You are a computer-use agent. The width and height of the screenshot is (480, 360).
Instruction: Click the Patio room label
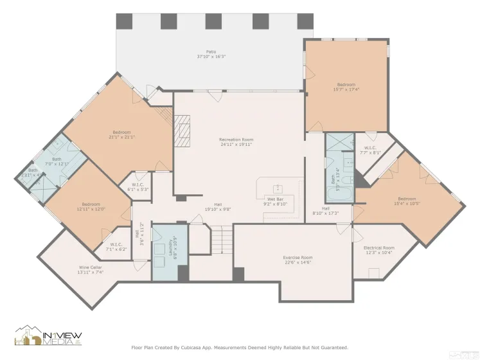pyautogui.click(x=211, y=51)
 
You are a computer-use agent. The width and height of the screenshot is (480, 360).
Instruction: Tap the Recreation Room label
pyautogui.click(x=236, y=139)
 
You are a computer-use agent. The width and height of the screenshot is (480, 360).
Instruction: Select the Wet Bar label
pyautogui.click(x=276, y=199)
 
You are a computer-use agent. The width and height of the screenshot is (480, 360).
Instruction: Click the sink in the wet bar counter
pyautogui.click(x=278, y=188)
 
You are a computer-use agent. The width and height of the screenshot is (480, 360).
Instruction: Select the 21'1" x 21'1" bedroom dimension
pyautogui.click(x=121, y=137)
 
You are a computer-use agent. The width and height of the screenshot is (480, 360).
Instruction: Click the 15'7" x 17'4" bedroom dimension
pyautogui.click(x=346, y=89)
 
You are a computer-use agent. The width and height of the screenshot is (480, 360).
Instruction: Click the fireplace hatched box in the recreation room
pyautogui.click(x=184, y=132)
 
